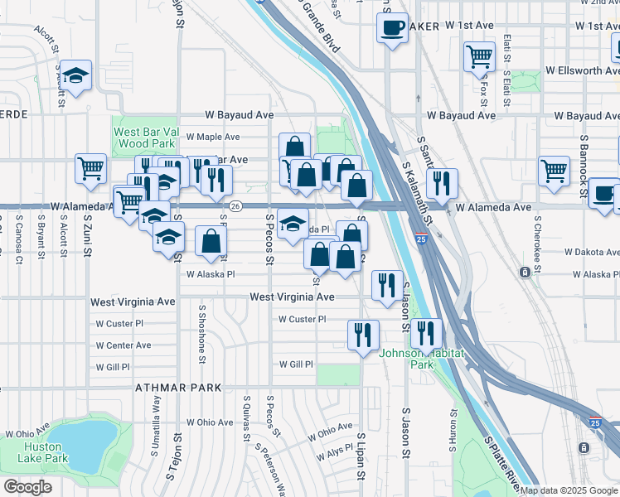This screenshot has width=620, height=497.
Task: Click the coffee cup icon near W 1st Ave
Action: tap(392, 28)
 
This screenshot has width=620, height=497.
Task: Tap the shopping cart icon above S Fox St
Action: tap(478, 56)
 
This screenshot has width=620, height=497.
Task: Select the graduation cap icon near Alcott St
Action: tap(76, 76)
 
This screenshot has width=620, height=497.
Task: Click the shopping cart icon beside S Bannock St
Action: tap(554, 171)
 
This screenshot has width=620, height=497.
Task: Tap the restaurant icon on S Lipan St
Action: tap(363, 335)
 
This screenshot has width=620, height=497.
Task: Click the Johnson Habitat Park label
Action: tap(406, 358)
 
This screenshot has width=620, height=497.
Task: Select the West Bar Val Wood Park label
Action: tap(143, 138)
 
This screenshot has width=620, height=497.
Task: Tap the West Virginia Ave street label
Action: tap(292, 297)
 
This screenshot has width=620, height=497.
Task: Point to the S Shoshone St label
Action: tap(202, 333)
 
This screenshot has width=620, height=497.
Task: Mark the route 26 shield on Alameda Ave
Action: tap(236, 206)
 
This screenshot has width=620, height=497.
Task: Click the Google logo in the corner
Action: tap(27, 487)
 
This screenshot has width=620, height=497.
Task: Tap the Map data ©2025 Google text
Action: tap(569, 490)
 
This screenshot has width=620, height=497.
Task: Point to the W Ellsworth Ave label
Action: tap(580, 71)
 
